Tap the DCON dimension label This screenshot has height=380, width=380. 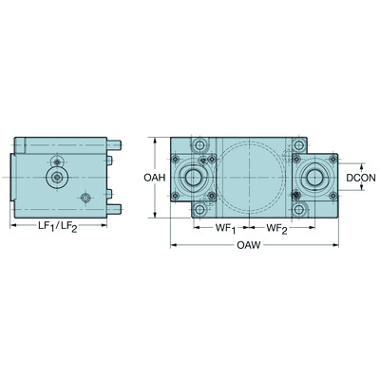(x=362, y=177)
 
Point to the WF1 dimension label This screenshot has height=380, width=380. (x=224, y=228)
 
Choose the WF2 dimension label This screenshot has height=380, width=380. (x=278, y=228)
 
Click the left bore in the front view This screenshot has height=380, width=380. (x=197, y=178)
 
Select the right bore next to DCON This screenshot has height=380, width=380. (x=311, y=177)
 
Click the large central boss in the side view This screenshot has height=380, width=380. (x=58, y=177)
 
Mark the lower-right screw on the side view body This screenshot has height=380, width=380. (x=85, y=198)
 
